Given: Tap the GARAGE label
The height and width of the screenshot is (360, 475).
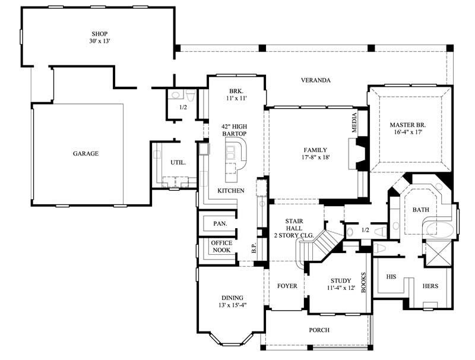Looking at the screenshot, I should point(85,153).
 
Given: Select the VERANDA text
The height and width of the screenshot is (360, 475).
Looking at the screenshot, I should point(315,80).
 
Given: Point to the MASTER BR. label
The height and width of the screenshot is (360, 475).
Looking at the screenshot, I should point(408,125).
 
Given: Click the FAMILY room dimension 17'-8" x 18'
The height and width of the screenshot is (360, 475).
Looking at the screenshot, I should point(315,157).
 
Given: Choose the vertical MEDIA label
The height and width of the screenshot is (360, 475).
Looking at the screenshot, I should point(355,122).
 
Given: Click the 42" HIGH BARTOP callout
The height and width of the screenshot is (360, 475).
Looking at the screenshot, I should point(234,130).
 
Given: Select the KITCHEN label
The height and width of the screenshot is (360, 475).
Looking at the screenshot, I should point(230,191).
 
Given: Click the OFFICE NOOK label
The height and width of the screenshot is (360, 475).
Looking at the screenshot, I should point(221,247).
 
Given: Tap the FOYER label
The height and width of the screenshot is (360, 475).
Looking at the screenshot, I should point(287,286).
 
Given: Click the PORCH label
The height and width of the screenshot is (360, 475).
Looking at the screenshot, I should point(319,330).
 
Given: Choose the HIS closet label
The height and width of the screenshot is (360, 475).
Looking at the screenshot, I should point(391,277).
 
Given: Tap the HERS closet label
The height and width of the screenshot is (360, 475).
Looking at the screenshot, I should point(430,286).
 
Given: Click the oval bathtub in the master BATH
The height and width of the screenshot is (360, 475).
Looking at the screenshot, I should point(440,229).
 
